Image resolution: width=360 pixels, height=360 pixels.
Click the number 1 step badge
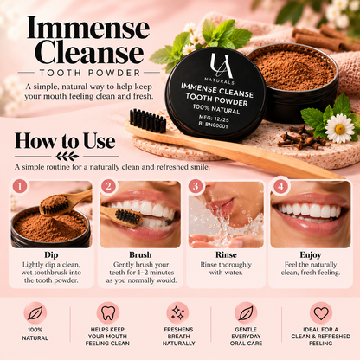point(20,186)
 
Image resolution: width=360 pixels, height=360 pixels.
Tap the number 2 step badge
point(108,186)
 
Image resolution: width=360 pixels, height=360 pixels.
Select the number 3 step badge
point(196,186)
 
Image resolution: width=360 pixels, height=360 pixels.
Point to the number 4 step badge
point(280,186)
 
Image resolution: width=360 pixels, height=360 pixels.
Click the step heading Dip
point(51,255)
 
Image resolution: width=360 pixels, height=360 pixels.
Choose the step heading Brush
point(140,255)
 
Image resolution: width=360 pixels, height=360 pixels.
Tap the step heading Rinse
point(226,255)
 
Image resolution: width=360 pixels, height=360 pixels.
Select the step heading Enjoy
point(311,255)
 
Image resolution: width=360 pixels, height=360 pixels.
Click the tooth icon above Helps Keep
point(108,313)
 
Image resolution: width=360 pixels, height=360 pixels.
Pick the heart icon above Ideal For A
point(321,313)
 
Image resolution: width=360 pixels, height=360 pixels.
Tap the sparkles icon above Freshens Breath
point(178,313)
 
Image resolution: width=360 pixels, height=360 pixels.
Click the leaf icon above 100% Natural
point(35,313)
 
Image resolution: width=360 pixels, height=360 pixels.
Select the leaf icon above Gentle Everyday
point(246,313)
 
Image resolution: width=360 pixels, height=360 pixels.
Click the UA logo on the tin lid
point(222,66)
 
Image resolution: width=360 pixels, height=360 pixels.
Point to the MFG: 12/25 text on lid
point(214,119)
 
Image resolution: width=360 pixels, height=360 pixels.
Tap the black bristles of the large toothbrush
point(148,120)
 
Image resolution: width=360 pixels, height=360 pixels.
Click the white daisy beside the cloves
point(339,129)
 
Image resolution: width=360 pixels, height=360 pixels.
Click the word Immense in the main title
point(88,28)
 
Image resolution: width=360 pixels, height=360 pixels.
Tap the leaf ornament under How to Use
point(67,157)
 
